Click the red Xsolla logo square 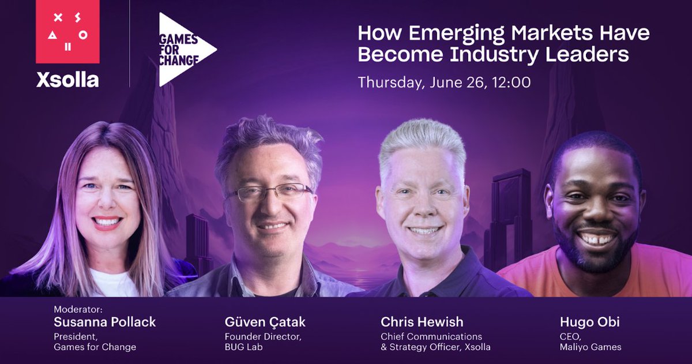[67, 32]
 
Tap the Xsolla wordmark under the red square [67, 80]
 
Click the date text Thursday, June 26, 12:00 [444, 82]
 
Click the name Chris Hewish [422, 322]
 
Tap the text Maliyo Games [591, 347]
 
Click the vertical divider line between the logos [130, 43]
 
